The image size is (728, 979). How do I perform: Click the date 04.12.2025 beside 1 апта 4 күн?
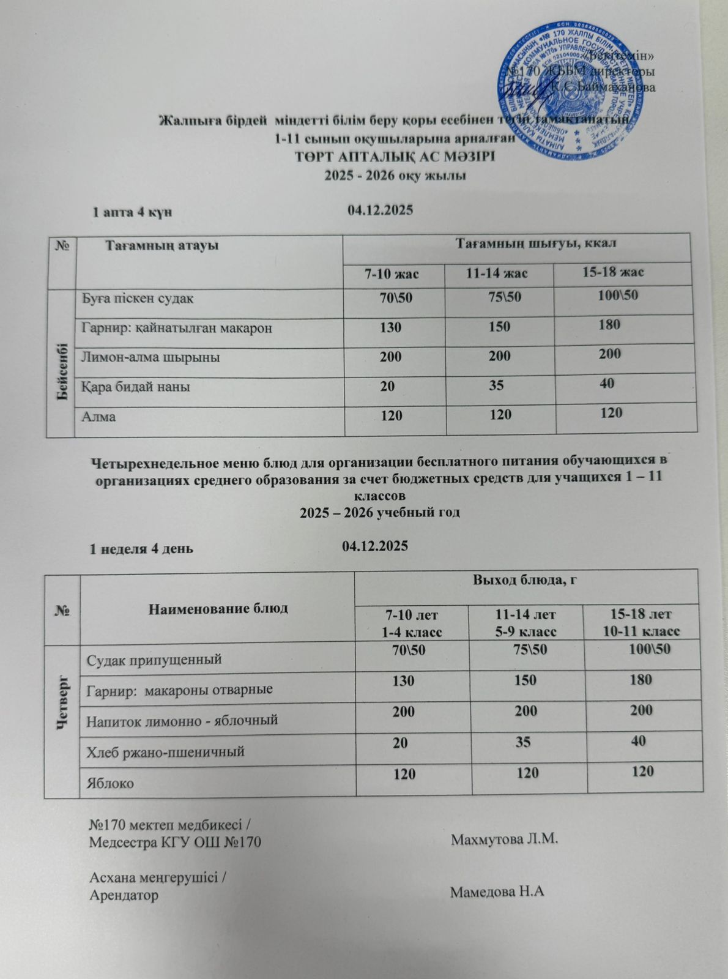(x=380, y=210)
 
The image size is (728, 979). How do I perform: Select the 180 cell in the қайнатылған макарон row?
(x=610, y=324)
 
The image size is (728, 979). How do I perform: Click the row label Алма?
(x=99, y=417)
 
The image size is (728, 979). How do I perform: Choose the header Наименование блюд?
(x=218, y=608)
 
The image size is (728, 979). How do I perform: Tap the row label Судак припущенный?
(x=154, y=660)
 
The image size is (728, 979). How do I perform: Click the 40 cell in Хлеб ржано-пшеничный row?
(x=638, y=741)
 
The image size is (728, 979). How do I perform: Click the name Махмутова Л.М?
(x=505, y=839)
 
